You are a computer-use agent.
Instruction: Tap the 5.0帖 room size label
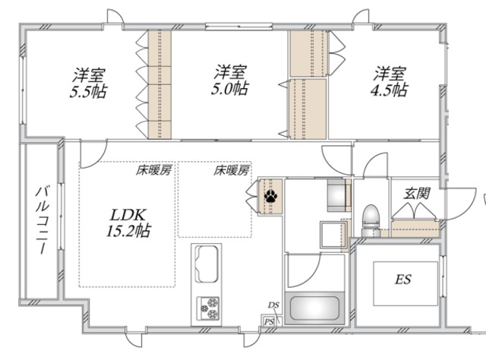coord(229,89)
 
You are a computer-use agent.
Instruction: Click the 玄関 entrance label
coord(415,194)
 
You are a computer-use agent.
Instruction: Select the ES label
coord(402,280)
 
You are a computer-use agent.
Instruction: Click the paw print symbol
coord(270,196)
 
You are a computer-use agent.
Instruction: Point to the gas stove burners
coord(210,308)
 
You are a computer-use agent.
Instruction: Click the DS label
coord(273,306)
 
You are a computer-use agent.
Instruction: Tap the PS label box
coord(269,321)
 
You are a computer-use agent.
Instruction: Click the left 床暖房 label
coord(153,171)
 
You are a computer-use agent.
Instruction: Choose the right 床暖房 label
coord(232,171)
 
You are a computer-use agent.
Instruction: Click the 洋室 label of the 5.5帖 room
coord(90,75)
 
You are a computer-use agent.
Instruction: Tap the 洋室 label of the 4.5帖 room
coord(389,74)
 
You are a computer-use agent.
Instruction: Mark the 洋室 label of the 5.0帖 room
coord(229,73)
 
